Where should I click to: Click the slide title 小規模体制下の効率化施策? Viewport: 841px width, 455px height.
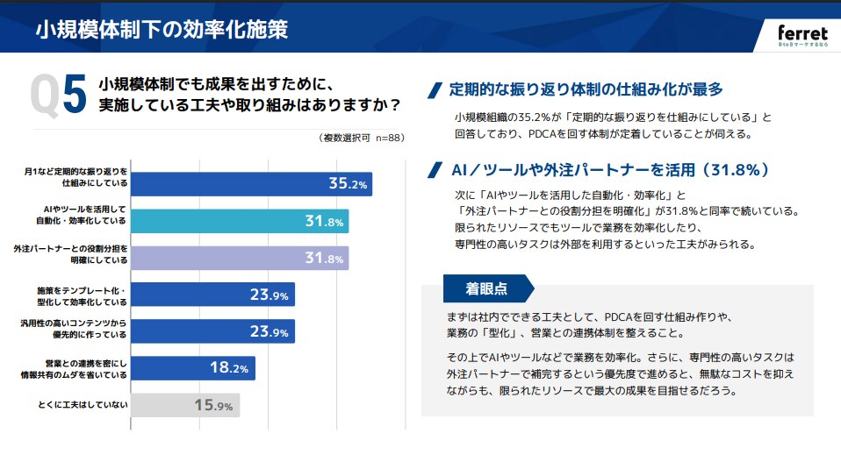[x=162, y=30]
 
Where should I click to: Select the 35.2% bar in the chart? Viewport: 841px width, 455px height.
[x=251, y=183]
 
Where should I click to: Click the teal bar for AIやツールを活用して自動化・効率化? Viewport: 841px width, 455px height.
[x=240, y=221]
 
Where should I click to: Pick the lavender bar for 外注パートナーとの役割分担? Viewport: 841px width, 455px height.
[x=240, y=258]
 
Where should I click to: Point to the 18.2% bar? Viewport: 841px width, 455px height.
[x=193, y=367]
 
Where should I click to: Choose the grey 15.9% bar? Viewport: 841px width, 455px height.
[x=185, y=405]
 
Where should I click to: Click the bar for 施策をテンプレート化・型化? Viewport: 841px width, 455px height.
[x=212, y=295]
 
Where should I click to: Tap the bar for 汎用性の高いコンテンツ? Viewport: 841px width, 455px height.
[x=212, y=331]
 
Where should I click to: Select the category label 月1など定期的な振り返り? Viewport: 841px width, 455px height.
[x=76, y=178]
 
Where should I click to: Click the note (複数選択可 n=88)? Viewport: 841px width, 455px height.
[x=362, y=138]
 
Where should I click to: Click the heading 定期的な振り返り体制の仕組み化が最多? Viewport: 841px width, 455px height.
[x=586, y=89]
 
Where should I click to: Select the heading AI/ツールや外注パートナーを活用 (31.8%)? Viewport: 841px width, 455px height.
[x=609, y=169]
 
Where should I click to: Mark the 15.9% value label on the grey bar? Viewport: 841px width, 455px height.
[x=213, y=406]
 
